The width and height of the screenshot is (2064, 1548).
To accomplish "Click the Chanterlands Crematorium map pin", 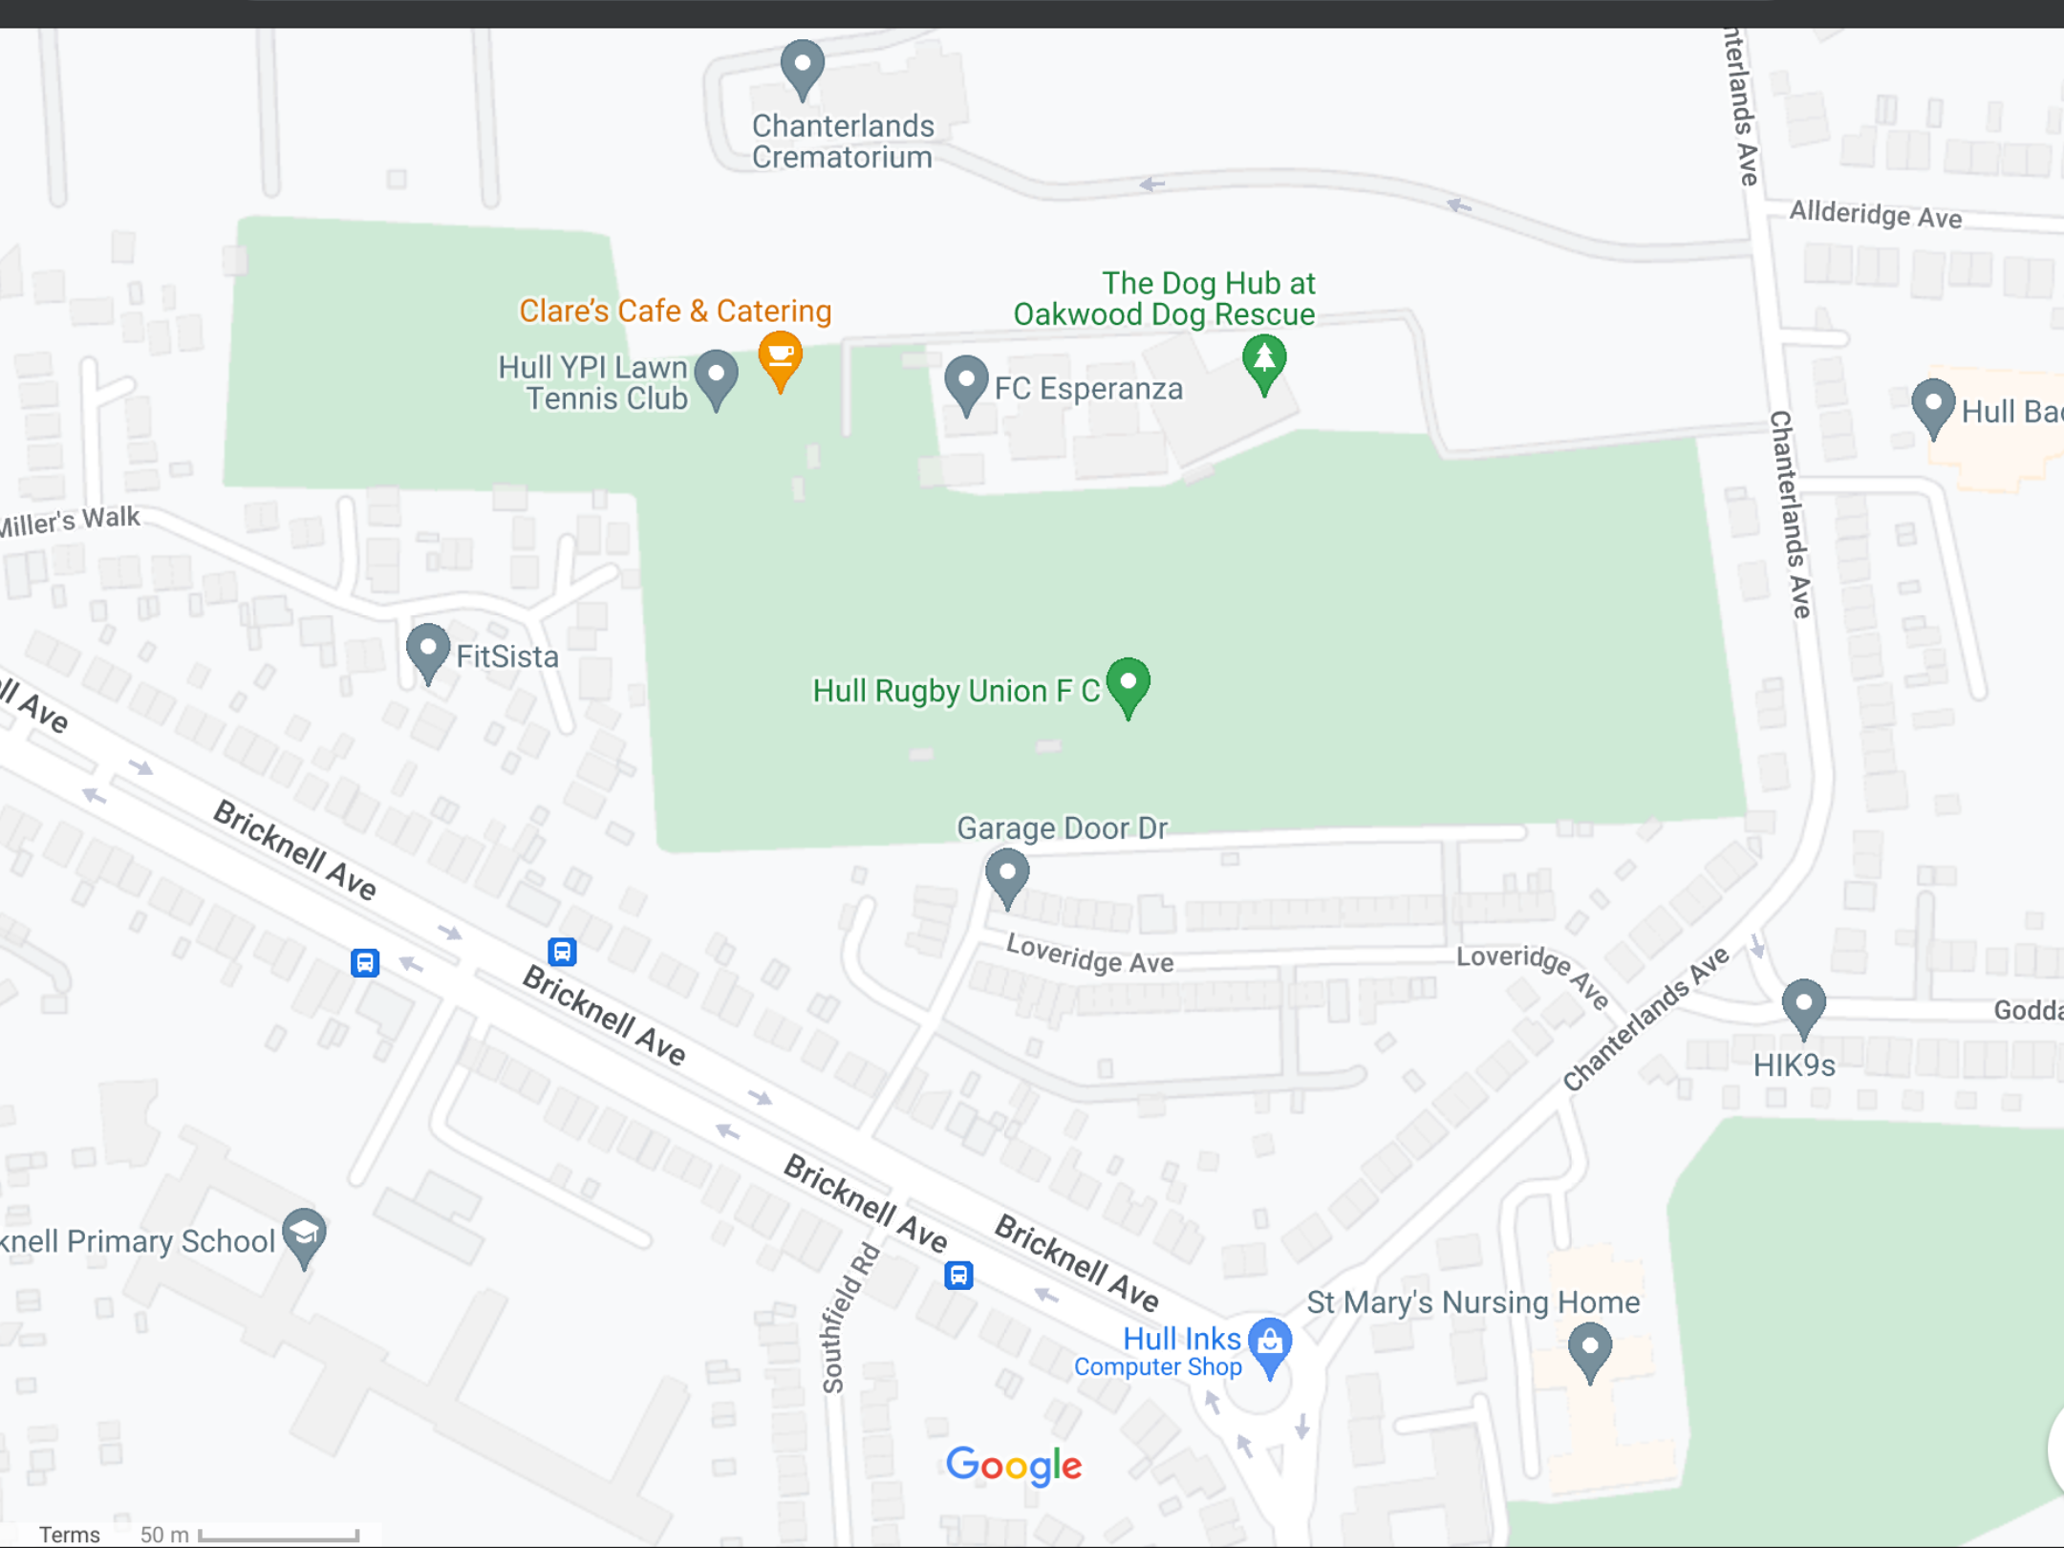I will pyautogui.click(x=802, y=67).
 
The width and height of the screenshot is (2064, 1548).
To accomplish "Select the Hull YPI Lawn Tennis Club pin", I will pyautogui.click(x=716, y=377).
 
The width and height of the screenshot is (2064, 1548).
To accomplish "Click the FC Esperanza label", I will pyautogui.click(x=1087, y=389).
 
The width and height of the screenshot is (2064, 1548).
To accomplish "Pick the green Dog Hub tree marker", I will pyautogui.click(x=1263, y=361).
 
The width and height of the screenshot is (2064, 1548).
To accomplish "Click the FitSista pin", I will pyautogui.click(x=428, y=652).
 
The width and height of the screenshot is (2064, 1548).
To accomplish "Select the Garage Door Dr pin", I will pyautogui.click(x=1006, y=875).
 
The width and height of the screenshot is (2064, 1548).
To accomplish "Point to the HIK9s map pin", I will pyautogui.click(x=1803, y=1006).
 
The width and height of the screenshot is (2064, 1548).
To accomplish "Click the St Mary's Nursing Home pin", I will pyautogui.click(x=1589, y=1349).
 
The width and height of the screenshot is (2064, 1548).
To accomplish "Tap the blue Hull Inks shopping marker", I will pyautogui.click(x=1270, y=1344).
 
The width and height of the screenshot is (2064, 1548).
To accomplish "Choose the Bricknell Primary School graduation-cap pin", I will pyautogui.click(x=305, y=1236).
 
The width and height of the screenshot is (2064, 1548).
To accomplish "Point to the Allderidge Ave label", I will pyautogui.click(x=1875, y=215).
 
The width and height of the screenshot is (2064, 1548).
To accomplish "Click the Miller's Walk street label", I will pyautogui.click(x=71, y=522).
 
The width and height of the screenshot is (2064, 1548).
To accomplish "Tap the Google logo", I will pyautogui.click(x=1013, y=1466).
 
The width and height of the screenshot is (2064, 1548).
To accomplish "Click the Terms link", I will pyautogui.click(x=69, y=1535).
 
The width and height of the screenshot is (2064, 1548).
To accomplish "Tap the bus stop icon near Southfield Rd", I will pyautogui.click(x=958, y=1275).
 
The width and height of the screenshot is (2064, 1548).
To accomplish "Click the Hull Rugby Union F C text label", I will pyautogui.click(x=956, y=691).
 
